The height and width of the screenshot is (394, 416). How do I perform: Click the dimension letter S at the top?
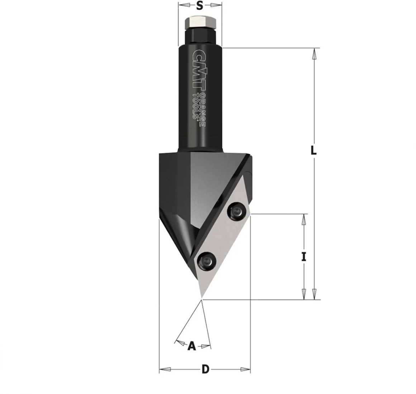point(200,6)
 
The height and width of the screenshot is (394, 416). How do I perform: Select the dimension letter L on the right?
point(313,150)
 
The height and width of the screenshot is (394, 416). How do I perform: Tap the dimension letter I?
point(304,257)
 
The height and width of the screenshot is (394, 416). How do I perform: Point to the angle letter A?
point(192,346)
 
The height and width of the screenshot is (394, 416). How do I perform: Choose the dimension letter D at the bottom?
point(205,369)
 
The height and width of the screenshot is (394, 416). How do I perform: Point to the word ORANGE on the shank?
point(203,110)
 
